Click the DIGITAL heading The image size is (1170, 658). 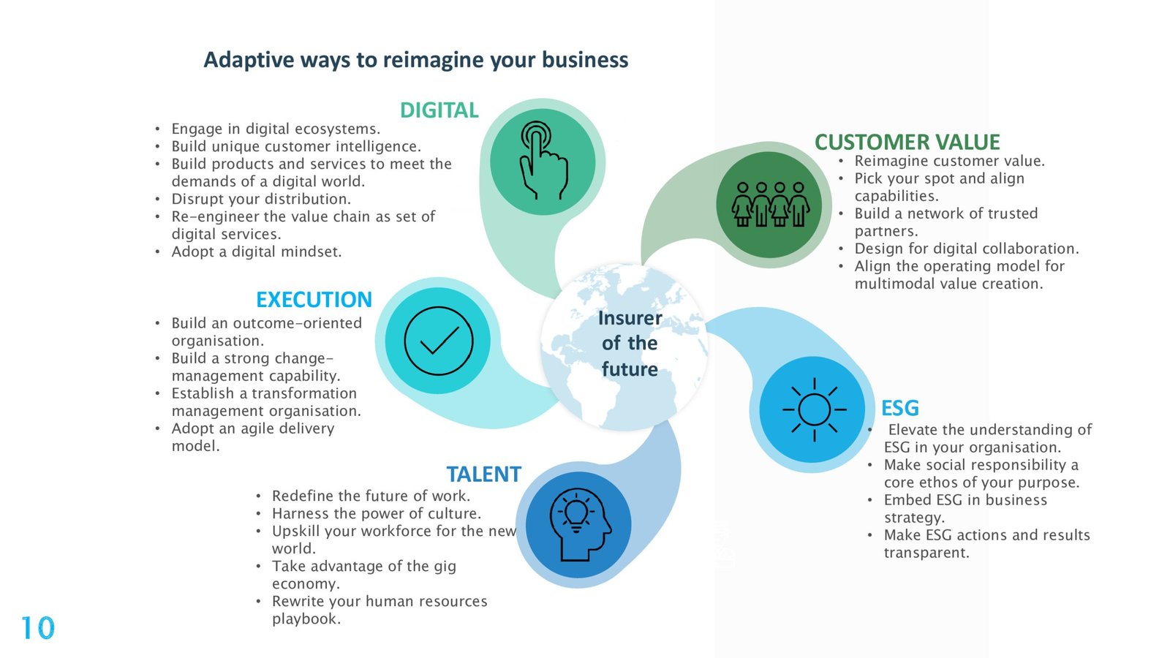pos(439,110)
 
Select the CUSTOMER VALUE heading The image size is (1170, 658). pos(907,142)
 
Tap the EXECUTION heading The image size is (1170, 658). pos(314,300)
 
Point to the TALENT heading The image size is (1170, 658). pos(483,474)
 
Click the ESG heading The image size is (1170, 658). pos(900,408)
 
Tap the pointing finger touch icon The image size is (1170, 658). pos(543,160)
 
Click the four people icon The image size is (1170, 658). pos(771,204)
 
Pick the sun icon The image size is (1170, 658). pos(814,409)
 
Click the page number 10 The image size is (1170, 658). pos(37,628)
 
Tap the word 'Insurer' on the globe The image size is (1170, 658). pos(630,318)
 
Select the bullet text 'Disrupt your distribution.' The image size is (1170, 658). pos(261,199)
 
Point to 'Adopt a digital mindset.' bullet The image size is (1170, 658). pos(257,252)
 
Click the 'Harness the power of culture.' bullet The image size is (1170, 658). pos(376,513)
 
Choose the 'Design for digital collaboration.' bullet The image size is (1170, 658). pos(966,249)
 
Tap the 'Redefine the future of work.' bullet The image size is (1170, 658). pos(371,496)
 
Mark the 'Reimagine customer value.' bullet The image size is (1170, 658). pos(950,161)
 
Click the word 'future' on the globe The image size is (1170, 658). pos(630,369)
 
